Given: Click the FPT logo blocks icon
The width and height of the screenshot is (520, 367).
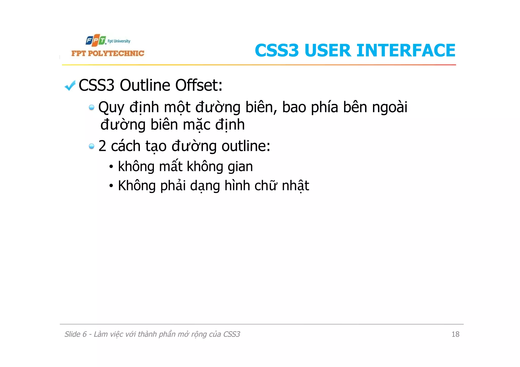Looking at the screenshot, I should pyautogui.click(x=96, y=41).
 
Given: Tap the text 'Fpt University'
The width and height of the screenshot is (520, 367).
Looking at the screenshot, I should pyautogui.click(x=119, y=41).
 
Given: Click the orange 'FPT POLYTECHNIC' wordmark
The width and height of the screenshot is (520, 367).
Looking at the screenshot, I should pyautogui.click(x=108, y=53).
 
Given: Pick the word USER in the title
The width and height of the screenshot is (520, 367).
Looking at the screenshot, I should pyautogui.click(x=328, y=50).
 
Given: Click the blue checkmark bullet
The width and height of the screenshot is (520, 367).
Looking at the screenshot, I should pyautogui.click(x=70, y=85).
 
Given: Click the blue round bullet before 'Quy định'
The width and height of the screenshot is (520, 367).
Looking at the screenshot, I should pyautogui.click(x=91, y=108).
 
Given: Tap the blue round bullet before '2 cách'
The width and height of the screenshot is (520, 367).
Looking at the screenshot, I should pyautogui.click(x=91, y=146).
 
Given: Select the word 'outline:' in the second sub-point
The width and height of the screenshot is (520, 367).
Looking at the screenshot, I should pyautogui.click(x=246, y=146).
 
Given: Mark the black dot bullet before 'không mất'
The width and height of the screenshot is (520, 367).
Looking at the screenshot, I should pyautogui.click(x=111, y=167).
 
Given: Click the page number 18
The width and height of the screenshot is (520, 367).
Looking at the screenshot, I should pyautogui.click(x=455, y=334).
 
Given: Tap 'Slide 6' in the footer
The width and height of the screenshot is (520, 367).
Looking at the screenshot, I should pyautogui.click(x=75, y=334).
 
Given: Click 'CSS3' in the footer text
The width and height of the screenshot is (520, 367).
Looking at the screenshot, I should pyautogui.click(x=231, y=334).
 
